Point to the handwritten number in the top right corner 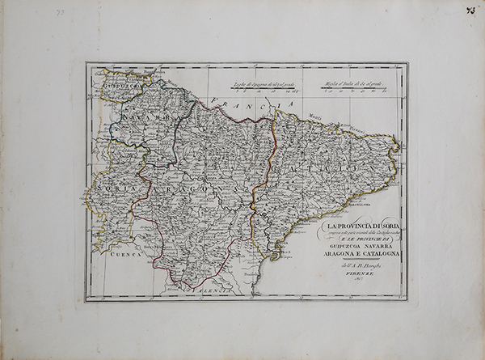(469, 11)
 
